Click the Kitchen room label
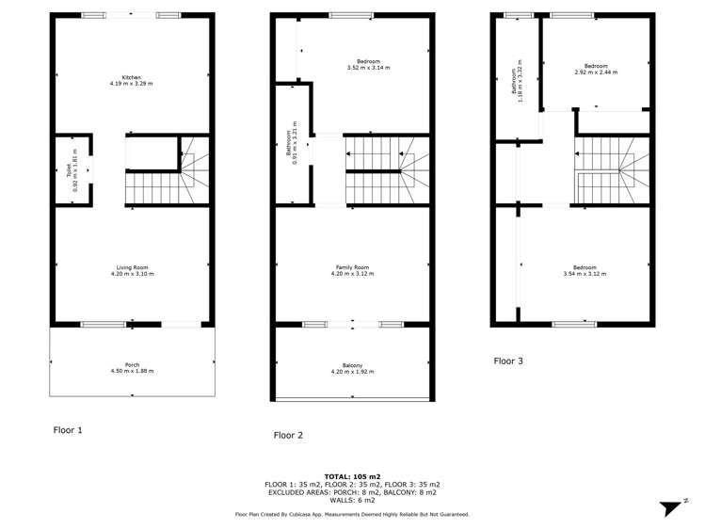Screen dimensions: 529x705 coord(131,81)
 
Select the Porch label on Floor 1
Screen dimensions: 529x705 coord(132,368)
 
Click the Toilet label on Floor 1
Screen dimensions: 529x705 coord(74,172)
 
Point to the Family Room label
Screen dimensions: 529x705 coord(353,271)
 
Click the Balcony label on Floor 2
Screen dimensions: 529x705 coord(353,368)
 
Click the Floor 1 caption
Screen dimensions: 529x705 coord(68,430)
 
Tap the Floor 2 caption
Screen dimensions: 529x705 coord(288,435)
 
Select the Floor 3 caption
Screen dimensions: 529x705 coord(509,361)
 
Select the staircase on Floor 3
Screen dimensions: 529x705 coord(610,170)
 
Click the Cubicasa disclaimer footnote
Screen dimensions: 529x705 coord(352,514)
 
